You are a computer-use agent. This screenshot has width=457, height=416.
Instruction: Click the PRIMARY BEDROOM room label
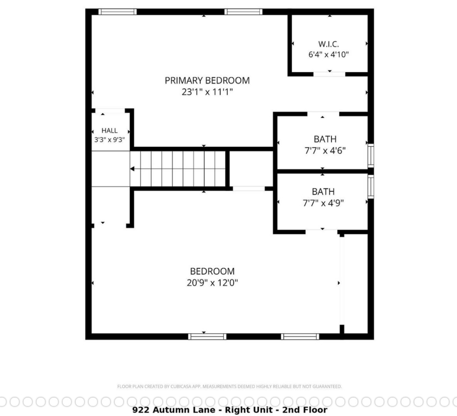coord(207,81)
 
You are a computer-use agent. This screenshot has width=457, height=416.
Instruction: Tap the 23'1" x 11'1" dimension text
coord(207,92)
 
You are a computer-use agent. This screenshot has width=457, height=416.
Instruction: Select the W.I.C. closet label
coord(329,44)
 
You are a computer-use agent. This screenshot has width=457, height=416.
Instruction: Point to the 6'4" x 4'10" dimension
coord(329,54)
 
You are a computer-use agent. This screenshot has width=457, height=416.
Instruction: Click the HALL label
coord(110,131)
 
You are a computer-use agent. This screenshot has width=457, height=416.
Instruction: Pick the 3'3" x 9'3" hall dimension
coord(110,140)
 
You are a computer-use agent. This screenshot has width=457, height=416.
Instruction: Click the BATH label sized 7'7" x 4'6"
coord(325,139)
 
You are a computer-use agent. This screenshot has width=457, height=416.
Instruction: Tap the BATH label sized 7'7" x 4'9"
coord(323,191)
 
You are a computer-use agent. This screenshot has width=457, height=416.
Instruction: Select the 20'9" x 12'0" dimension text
coord(212,283)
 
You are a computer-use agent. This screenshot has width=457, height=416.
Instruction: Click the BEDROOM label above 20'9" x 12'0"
coord(212,271)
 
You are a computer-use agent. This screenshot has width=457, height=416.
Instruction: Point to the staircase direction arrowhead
coord(132,169)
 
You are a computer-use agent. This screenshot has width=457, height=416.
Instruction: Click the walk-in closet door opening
coord(329,74)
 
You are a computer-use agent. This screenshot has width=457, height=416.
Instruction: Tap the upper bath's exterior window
coord(371,155)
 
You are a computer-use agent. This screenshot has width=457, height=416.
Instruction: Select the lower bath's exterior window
coord(371,186)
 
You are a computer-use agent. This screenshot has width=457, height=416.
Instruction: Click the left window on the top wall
coord(118,12)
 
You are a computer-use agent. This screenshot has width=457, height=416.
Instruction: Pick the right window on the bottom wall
coord(300,337)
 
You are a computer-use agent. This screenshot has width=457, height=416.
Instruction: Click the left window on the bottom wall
coord(207,337)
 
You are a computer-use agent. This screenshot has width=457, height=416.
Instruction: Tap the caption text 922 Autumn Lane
coord(174,410)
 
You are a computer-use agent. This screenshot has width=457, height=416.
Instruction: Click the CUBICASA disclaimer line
coord(229,387)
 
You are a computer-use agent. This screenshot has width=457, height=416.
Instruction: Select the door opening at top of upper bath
coord(323,114)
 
